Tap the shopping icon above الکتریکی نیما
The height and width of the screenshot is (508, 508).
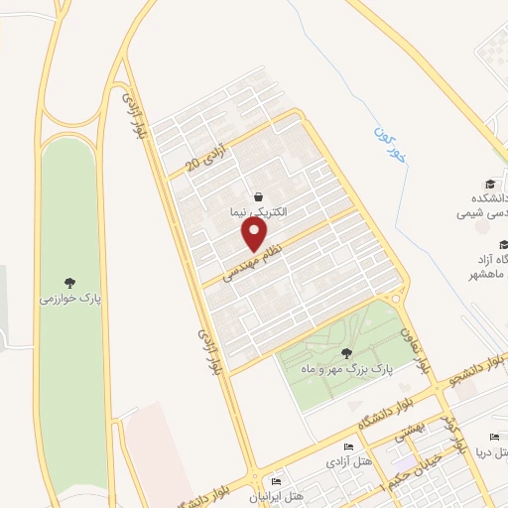coord(259,195)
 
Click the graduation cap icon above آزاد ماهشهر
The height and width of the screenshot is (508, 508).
coord(503,244)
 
